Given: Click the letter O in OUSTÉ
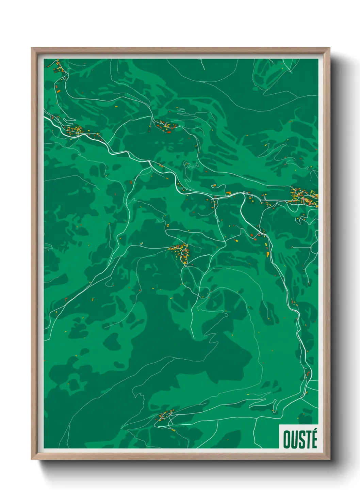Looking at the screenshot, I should click(287, 440).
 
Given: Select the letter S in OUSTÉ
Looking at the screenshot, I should click(300, 440).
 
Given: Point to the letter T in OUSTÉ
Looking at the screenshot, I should click(307, 440).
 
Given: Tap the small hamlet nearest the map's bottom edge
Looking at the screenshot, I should click(164, 417).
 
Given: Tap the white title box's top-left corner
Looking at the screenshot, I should click(279, 425).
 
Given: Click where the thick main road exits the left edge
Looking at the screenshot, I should click(45, 117).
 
